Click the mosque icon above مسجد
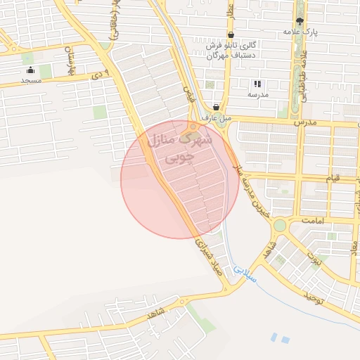point(31,70)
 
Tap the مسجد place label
point(31,81)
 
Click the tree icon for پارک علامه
point(300,22)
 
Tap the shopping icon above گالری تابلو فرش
point(231,34)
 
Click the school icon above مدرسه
point(256,84)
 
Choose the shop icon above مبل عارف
point(216,107)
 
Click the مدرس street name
point(309,122)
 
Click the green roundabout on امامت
point(280,225)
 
